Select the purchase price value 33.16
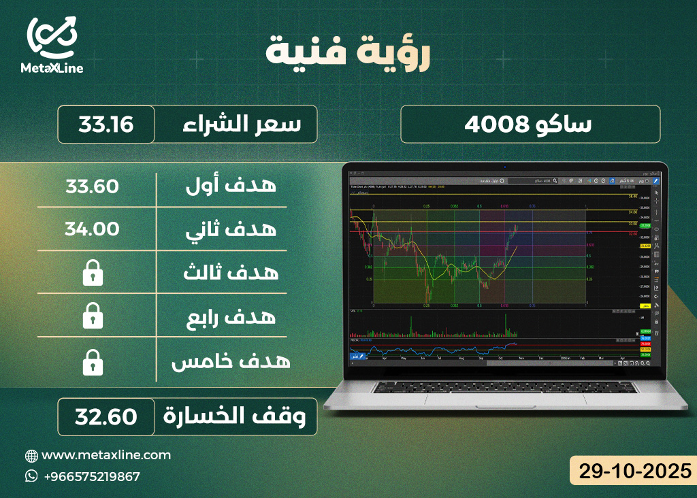click(106, 124)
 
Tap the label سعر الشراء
click(236, 124)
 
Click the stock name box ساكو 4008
click(530, 124)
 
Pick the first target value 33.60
click(93, 186)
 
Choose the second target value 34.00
click(93, 229)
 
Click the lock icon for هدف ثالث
click(93, 273)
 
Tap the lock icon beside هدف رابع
click(93, 317)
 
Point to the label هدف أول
click(231, 186)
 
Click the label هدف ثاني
click(231, 229)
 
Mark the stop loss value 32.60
click(106, 416)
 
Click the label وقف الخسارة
click(238, 416)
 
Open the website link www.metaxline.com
click(106, 455)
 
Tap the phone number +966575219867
click(91, 476)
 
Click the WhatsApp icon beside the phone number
click(31, 476)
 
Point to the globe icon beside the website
click(31, 455)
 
